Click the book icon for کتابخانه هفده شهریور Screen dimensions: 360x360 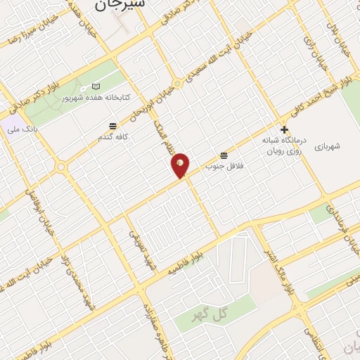point(96,86)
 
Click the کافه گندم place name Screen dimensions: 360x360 point(112,137)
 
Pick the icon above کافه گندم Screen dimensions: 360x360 point(112,126)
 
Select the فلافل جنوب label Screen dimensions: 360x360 point(219,166)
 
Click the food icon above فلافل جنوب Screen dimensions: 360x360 point(224,155)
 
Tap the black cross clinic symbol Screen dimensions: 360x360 point(284,129)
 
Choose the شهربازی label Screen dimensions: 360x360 point(328,146)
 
